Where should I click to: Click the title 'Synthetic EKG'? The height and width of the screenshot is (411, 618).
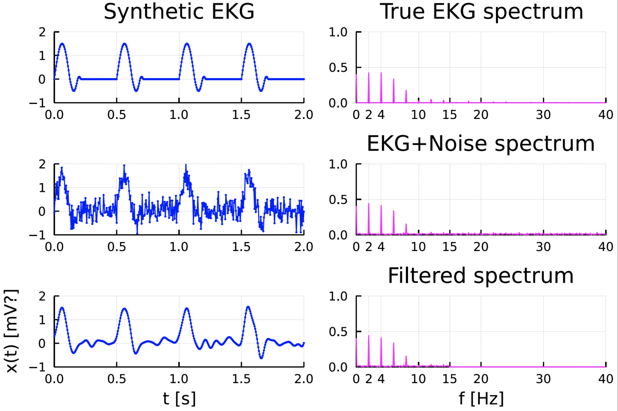pos(179,12)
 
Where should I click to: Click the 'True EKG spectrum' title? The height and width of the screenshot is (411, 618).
pos(481,12)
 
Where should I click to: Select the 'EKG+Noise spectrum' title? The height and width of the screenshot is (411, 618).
pos(481,143)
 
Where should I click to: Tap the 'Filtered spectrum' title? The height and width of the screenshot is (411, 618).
pos(481,276)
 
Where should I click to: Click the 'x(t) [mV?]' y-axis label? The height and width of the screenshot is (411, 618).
pos(12,331)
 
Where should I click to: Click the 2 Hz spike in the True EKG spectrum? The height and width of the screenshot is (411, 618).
pos(369,87)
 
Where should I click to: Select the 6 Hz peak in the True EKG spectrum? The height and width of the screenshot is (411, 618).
pos(393,89)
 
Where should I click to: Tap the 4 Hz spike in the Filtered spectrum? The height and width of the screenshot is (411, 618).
pos(381,351)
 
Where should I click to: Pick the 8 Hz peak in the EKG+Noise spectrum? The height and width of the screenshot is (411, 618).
pos(406,228)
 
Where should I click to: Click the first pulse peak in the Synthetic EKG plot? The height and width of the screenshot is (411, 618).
pos(62,44)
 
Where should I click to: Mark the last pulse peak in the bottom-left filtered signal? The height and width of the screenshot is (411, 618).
pos(248,307)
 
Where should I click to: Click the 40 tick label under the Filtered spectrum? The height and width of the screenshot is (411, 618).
pos(606,379)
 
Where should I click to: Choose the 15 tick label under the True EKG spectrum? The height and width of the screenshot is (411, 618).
pos(450,115)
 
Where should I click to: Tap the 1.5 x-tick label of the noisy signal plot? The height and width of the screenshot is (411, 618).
pos(241,247)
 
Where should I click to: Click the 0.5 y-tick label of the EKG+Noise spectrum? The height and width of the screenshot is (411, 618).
pos(338,199)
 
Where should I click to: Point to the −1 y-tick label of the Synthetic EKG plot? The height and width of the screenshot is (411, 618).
pos(38,103)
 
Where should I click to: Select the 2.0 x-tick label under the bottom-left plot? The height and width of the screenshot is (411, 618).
pos(303,379)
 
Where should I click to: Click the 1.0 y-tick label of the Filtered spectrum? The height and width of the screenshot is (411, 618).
pos(338,296)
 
